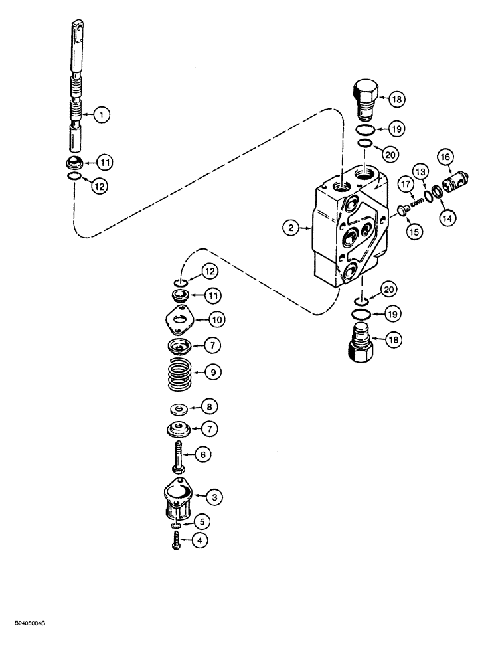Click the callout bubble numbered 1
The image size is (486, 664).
101,115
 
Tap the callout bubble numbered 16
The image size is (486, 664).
444,157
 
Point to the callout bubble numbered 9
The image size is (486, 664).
212,373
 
